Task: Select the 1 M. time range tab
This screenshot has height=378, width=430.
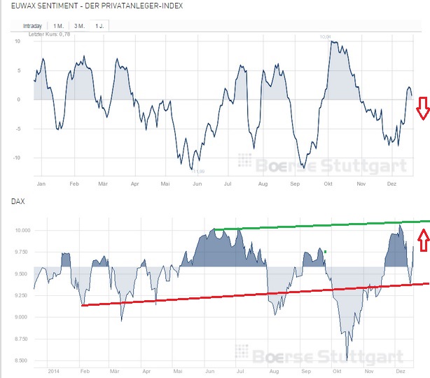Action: pyautogui.click(x=60, y=26)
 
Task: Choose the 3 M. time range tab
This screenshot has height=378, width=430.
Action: pyautogui.click(x=81, y=26)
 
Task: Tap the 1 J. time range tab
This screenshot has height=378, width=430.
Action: pyautogui.click(x=101, y=26)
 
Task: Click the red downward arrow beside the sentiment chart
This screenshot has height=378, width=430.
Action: pyautogui.click(x=422, y=109)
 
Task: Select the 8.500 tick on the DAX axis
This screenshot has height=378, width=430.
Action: pyautogui.click(x=22, y=360)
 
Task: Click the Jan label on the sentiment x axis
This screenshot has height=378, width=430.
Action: pyautogui.click(x=41, y=184)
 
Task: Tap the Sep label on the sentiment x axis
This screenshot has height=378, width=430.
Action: pyautogui.click(x=294, y=184)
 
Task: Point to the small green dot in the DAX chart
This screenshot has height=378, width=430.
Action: pyautogui.click(x=326, y=251)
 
